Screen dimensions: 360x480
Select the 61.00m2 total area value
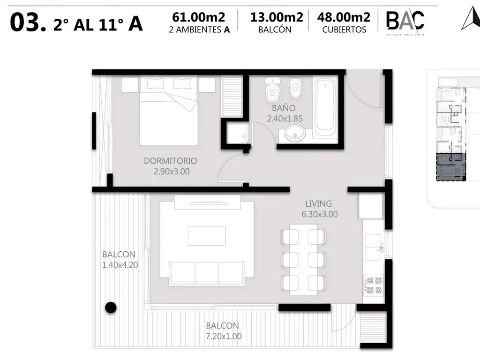click(198, 18)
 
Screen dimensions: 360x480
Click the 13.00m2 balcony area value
click(277, 18)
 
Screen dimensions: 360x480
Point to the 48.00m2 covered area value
click(344, 18)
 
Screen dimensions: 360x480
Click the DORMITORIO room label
click(170, 161)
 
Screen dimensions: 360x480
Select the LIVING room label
click(318, 204)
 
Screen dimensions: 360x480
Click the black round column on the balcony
click(110, 307)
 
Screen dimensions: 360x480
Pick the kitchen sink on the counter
click(374, 247)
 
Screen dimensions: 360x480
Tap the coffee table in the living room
click(207, 236)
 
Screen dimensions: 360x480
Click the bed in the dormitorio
click(168, 117)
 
